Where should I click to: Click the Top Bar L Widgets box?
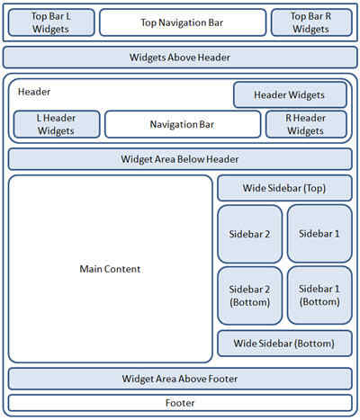(x=51, y=22)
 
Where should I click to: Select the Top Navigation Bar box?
(x=183, y=22)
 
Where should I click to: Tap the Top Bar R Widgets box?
(x=311, y=22)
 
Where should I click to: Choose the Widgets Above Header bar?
(x=180, y=58)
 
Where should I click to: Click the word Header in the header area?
(x=34, y=92)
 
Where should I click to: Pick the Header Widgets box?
(x=290, y=95)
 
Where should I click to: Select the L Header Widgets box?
(x=57, y=124)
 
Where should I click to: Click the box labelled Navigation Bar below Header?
(x=183, y=124)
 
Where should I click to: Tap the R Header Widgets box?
(x=306, y=124)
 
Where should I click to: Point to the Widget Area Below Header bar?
(x=180, y=159)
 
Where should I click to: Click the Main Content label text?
(x=110, y=269)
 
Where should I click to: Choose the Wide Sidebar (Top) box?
(x=284, y=188)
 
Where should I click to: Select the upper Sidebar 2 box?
(x=250, y=234)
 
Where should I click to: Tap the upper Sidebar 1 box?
(x=319, y=234)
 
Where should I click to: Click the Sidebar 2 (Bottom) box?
(x=250, y=296)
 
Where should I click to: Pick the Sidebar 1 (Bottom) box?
(x=319, y=295)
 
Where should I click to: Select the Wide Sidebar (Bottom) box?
(x=284, y=344)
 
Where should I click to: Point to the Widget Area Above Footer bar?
(x=180, y=379)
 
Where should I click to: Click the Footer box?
(x=180, y=403)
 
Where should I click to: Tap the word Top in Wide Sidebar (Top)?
(x=314, y=188)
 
